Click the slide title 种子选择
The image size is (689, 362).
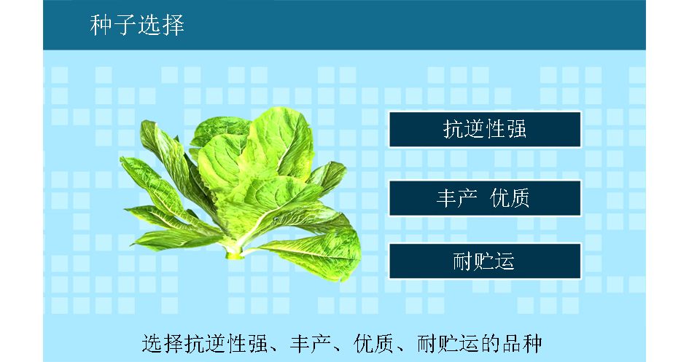coord(137,25)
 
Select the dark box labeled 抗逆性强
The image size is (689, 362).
coord(485,129)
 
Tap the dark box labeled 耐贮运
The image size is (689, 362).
coord(485,261)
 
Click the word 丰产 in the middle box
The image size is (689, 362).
coord(456,198)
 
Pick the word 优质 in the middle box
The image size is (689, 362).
coord(510,198)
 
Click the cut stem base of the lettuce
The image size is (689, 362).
coord(234,253)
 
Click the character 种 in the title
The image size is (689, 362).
coord(101,25)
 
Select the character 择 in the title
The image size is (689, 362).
coord(173,25)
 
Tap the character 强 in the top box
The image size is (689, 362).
coord(516,129)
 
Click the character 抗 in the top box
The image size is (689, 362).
coord(453,129)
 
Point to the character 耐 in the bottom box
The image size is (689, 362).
coord(463,261)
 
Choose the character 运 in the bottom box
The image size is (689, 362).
coord(505,261)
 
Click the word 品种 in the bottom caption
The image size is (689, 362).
coord(522,344)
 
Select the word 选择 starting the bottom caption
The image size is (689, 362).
coord(162,344)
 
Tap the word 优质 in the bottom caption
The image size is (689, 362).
coord(374,344)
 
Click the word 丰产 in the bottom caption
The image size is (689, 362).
coord(310,344)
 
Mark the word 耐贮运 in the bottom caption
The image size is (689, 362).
coord(448,344)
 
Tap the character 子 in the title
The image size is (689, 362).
coord(125,25)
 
